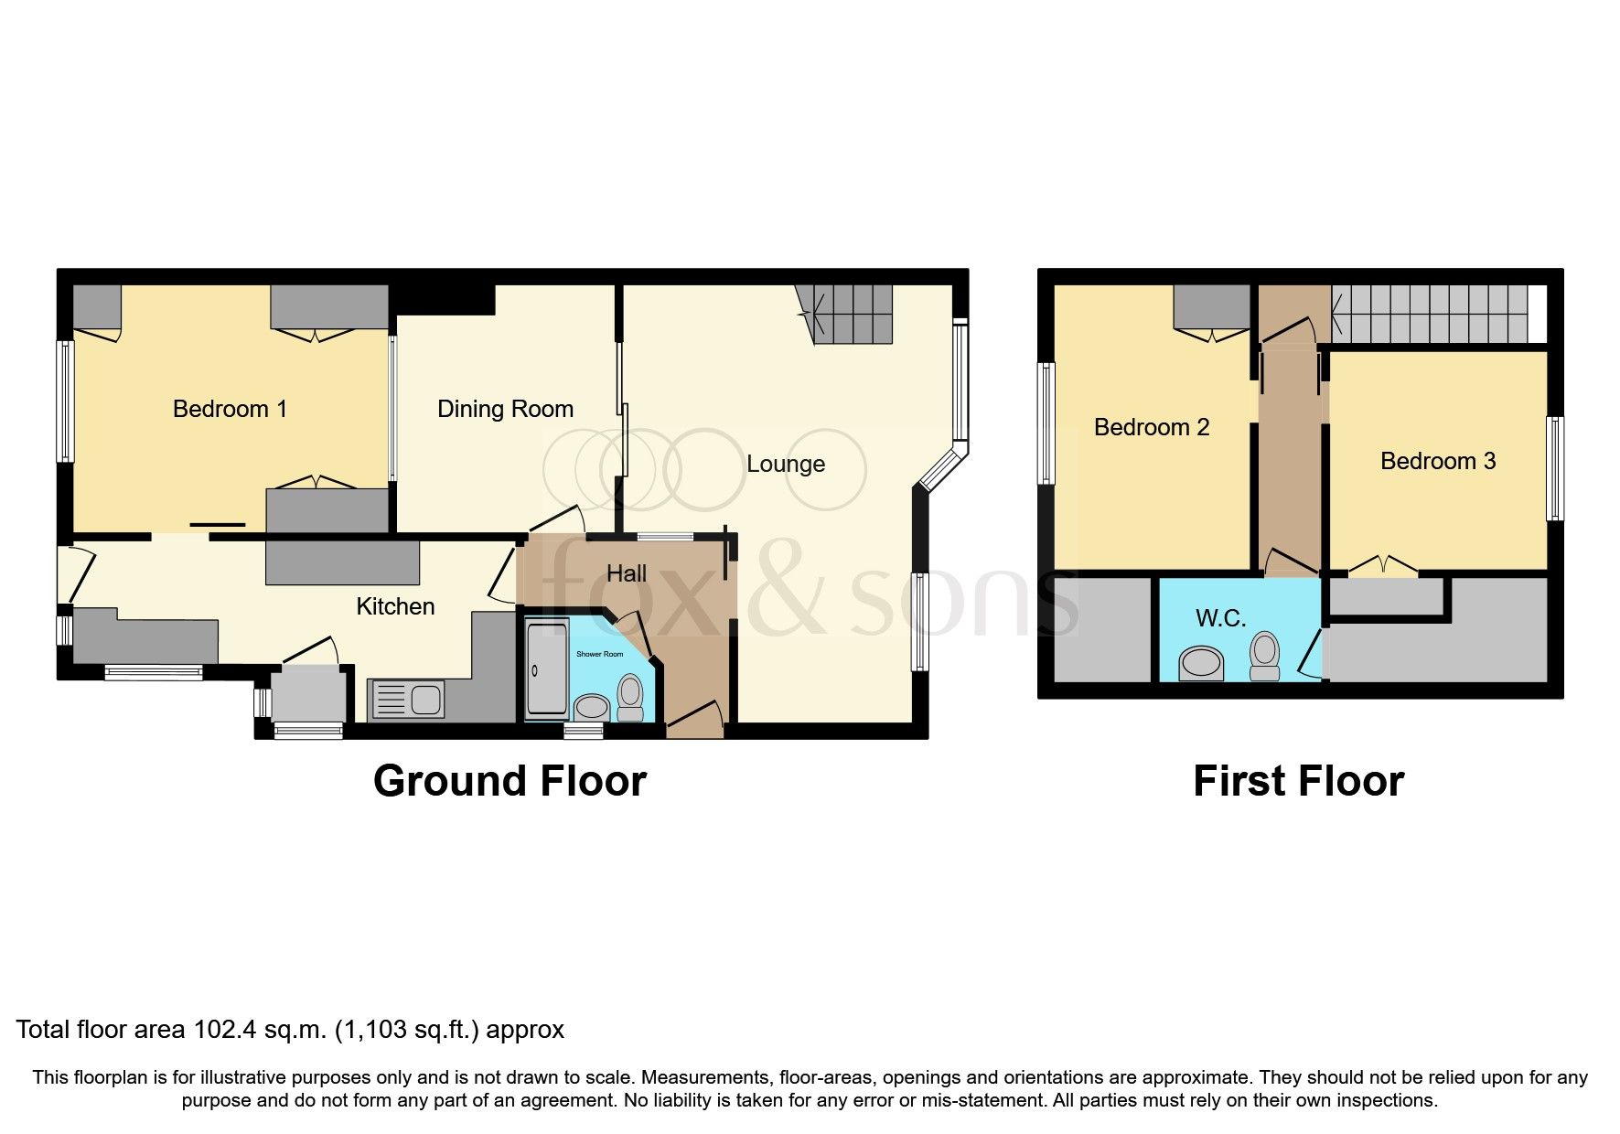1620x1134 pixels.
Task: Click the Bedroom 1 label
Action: click(x=230, y=409)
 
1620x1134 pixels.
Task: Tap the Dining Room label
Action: click(x=505, y=409)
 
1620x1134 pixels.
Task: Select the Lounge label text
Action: click(x=785, y=464)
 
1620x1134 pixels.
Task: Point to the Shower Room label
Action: click(x=599, y=654)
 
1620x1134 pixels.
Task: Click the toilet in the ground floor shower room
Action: click(x=630, y=697)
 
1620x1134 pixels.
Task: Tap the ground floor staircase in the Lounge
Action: click(x=851, y=313)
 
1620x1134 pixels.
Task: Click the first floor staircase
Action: click(x=1429, y=314)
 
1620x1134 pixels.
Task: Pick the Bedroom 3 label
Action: click(x=1437, y=461)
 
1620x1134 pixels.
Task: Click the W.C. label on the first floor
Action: click(x=1220, y=618)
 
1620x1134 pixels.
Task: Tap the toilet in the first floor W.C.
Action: click(x=1264, y=655)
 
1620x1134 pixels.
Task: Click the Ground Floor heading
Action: click(x=510, y=781)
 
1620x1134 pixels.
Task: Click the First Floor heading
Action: click(x=1297, y=781)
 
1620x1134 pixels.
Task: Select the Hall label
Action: click(x=626, y=573)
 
